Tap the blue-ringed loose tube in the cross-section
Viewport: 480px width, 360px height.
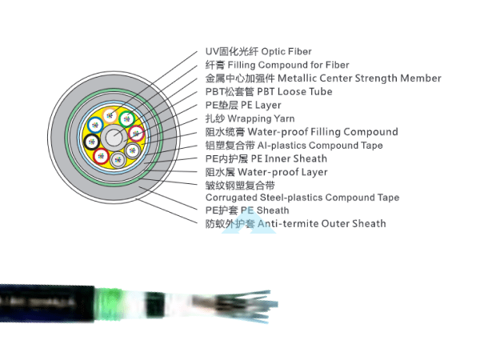(95, 124)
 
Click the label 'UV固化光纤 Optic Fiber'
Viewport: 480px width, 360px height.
(258, 52)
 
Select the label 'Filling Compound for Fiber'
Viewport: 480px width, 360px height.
(277, 65)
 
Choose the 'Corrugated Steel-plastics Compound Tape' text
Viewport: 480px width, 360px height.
(302, 198)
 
